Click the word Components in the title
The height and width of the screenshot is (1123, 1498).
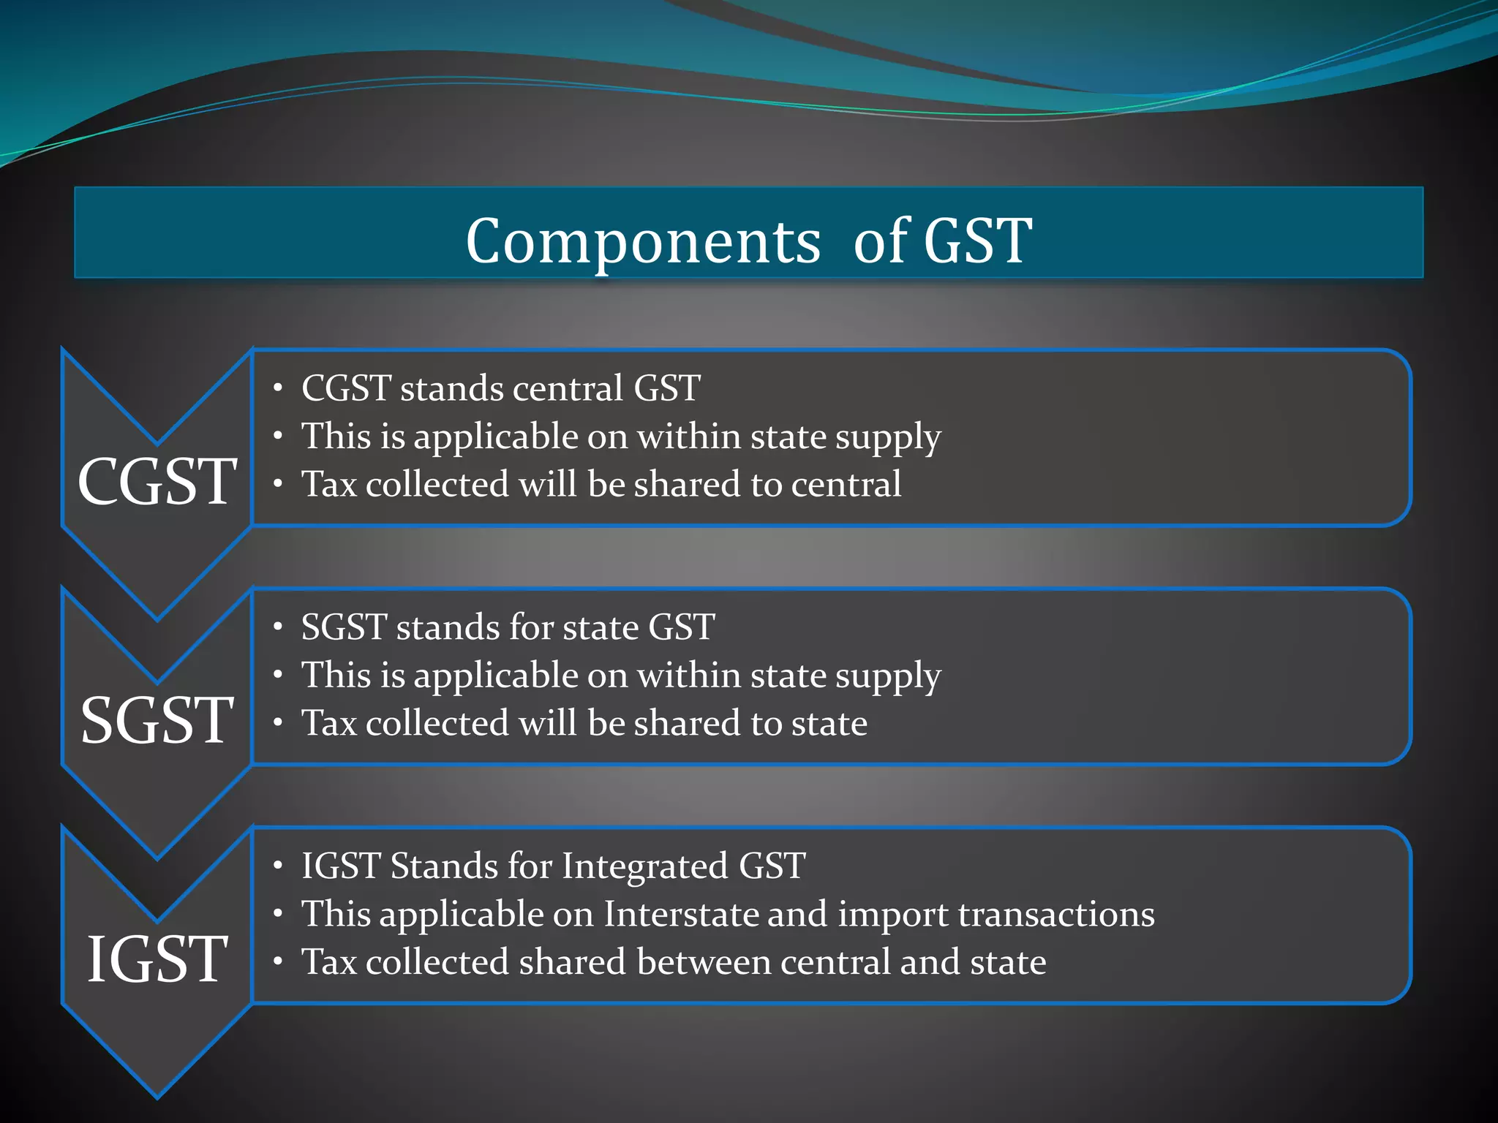pyautogui.click(x=643, y=242)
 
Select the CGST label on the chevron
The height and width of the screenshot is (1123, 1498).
pyautogui.click(x=157, y=482)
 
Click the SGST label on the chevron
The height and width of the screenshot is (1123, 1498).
pyautogui.click(x=157, y=721)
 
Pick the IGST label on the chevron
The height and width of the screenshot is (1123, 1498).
pyautogui.click(x=157, y=959)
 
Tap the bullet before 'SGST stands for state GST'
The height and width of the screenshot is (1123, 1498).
pyautogui.click(x=278, y=627)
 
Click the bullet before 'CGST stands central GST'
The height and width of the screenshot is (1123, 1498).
pyautogui.click(x=278, y=388)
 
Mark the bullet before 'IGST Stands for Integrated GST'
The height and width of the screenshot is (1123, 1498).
pyautogui.click(x=278, y=866)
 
